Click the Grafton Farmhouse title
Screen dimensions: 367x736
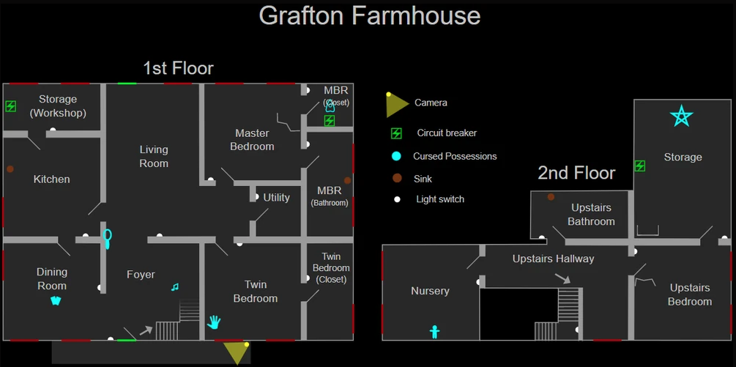coord(369,15)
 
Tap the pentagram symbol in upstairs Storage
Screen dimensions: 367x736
coord(681,116)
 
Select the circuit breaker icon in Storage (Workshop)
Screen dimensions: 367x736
coord(11,106)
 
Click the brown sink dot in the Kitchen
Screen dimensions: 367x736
coord(10,169)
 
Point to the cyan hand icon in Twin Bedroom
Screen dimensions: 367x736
coord(213,321)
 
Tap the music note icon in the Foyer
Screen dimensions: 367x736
coord(174,287)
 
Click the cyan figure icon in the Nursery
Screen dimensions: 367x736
coord(434,332)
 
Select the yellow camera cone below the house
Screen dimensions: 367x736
coord(236,352)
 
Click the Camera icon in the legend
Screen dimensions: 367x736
coord(396,105)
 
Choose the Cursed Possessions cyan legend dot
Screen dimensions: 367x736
coord(396,156)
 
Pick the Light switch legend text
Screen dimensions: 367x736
coord(440,199)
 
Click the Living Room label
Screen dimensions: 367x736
coord(154,157)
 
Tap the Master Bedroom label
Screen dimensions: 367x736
coord(252,140)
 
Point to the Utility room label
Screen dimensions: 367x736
coord(277,198)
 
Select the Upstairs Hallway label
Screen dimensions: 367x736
coord(553,259)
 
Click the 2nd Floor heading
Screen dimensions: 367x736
coord(576,173)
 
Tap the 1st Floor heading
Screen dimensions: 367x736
coord(178,69)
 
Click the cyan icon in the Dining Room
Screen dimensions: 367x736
coord(56,300)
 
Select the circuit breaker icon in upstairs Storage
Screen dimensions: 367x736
coord(639,166)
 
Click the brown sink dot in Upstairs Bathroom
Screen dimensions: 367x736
coord(551,197)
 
